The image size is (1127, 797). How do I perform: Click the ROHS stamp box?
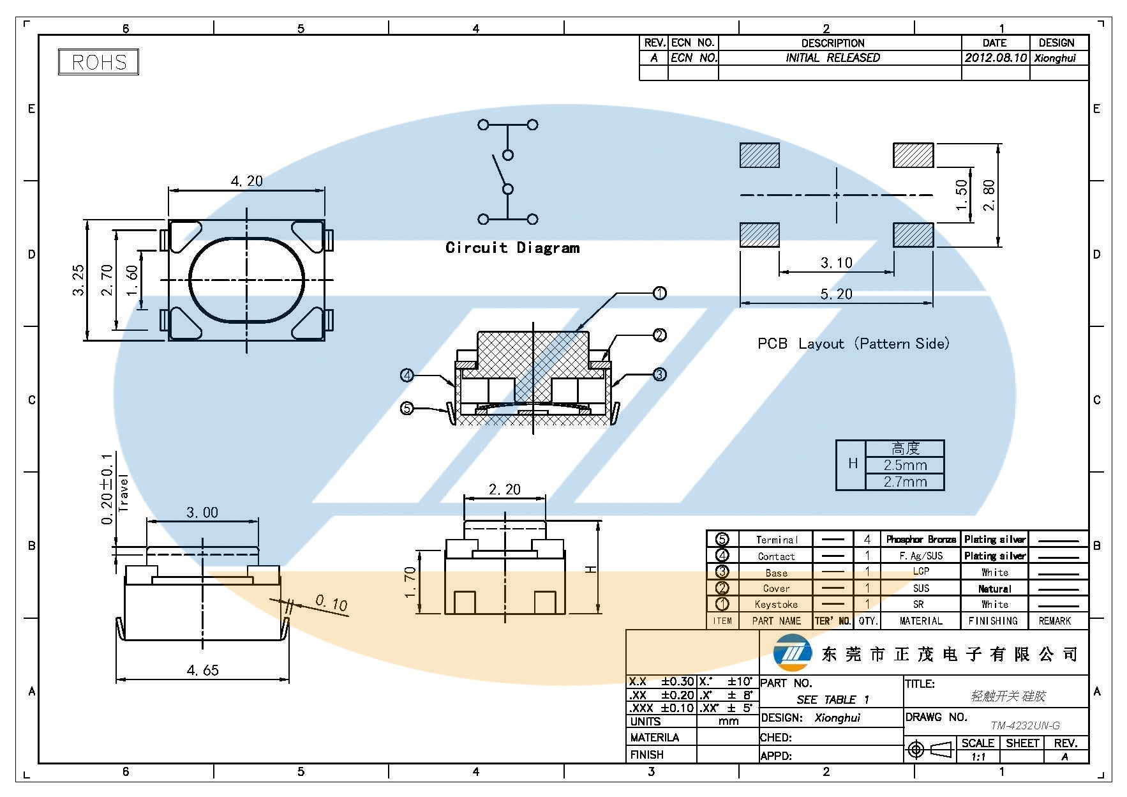(98, 62)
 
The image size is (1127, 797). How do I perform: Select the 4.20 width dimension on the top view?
(246, 181)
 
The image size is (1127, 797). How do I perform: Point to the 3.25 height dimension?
(78, 280)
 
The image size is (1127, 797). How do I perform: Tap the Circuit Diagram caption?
(512, 248)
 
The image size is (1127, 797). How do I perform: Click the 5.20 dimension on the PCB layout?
(836, 294)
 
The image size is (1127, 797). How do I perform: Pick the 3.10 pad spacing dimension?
(836, 263)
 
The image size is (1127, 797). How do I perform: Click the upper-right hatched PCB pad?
(913, 155)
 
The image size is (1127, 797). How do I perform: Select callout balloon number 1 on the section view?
(660, 293)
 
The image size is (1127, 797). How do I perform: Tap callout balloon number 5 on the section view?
(407, 407)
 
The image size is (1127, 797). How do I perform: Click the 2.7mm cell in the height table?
(905, 482)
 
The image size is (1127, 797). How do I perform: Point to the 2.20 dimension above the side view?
(504, 490)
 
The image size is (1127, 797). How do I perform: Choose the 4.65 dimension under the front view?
(202, 671)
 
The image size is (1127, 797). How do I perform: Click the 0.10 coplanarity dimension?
(331, 603)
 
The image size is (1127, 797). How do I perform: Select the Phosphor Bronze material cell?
(921, 540)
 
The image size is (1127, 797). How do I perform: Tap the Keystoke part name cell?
(776, 604)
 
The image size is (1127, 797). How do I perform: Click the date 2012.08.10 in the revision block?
(996, 57)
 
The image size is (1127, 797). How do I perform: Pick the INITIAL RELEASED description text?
(833, 57)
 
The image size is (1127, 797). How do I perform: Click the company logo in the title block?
(792, 653)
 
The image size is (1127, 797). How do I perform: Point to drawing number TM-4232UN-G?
(1025, 725)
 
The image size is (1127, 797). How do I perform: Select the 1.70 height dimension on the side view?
(410, 582)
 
